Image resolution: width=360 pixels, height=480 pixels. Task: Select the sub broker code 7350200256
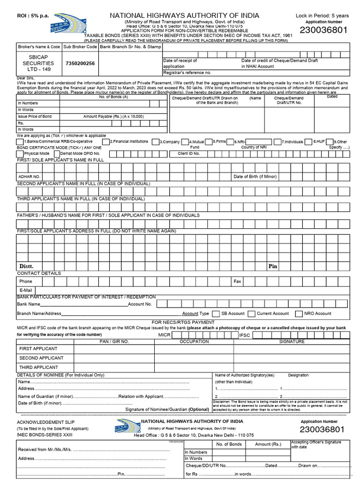click(x=81, y=63)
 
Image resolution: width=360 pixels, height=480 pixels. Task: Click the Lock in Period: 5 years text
click(x=322, y=15)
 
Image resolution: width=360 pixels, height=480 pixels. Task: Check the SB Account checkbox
click(x=216, y=314)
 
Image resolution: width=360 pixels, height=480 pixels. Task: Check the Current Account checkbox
click(x=252, y=314)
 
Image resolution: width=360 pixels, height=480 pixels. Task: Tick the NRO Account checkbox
click(x=299, y=314)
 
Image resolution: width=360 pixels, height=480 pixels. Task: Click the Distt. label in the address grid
click(x=26, y=266)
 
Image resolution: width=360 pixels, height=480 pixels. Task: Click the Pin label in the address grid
click(x=273, y=266)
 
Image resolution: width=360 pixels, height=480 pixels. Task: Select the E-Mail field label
click(x=26, y=291)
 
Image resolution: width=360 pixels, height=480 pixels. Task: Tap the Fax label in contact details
click(x=237, y=281)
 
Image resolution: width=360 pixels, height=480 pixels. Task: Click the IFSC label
click(x=245, y=335)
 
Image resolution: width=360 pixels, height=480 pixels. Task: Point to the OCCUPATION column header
click(x=194, y=342)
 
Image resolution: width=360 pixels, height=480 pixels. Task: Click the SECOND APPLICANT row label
click(x=41, y=358)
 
